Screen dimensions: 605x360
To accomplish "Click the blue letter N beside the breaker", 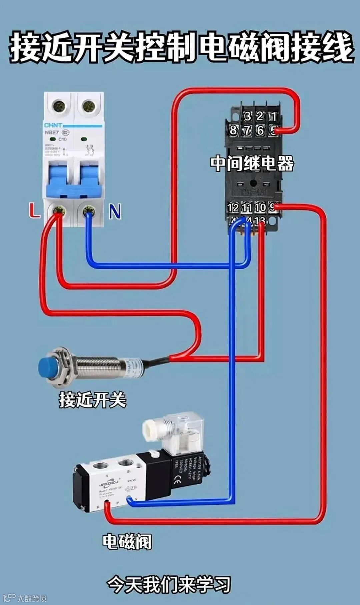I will tap(115, 212).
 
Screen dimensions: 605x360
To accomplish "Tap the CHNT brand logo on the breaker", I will tap(53, 125).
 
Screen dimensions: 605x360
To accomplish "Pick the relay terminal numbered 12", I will tap(233, 208).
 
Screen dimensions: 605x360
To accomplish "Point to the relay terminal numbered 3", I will tap(247, 116).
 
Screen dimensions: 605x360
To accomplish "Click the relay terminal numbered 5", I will tap(273, 130).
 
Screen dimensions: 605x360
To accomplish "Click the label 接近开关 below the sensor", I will tap(93, 399).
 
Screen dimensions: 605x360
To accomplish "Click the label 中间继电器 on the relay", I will tap(252, 163).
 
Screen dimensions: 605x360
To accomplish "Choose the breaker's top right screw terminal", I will tap(89, 106).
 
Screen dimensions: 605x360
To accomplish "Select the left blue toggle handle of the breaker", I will tap(57, 180).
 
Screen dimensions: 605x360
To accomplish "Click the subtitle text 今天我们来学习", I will tap(169, 584).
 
